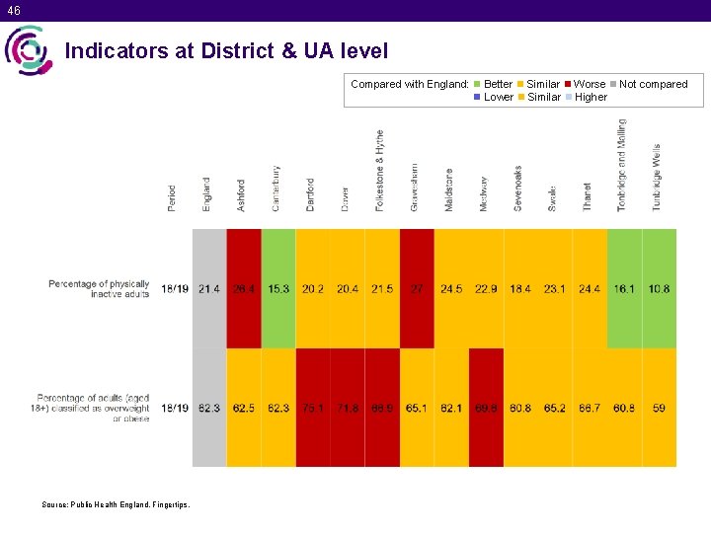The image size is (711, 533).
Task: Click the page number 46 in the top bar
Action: [12, 10]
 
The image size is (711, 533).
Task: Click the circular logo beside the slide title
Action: [28, 50]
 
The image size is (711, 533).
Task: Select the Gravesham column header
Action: [415, 187]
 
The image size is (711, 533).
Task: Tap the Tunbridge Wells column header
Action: [657, 177]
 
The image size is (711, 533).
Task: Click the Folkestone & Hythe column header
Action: [380, 170]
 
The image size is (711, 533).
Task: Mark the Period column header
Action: [173, 197]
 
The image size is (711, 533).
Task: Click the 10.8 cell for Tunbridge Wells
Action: [659, 288]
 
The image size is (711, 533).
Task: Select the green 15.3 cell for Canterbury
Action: [278, 288]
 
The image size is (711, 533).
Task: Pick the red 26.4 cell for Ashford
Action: [244, 288]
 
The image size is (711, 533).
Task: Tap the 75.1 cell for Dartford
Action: [313, 408]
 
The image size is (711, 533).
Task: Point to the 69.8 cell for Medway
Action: [486, 408]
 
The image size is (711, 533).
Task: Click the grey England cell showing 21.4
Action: [209, 288]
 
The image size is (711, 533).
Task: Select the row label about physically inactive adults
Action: [99, 288]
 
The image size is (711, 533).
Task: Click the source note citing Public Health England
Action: [116, 504]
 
